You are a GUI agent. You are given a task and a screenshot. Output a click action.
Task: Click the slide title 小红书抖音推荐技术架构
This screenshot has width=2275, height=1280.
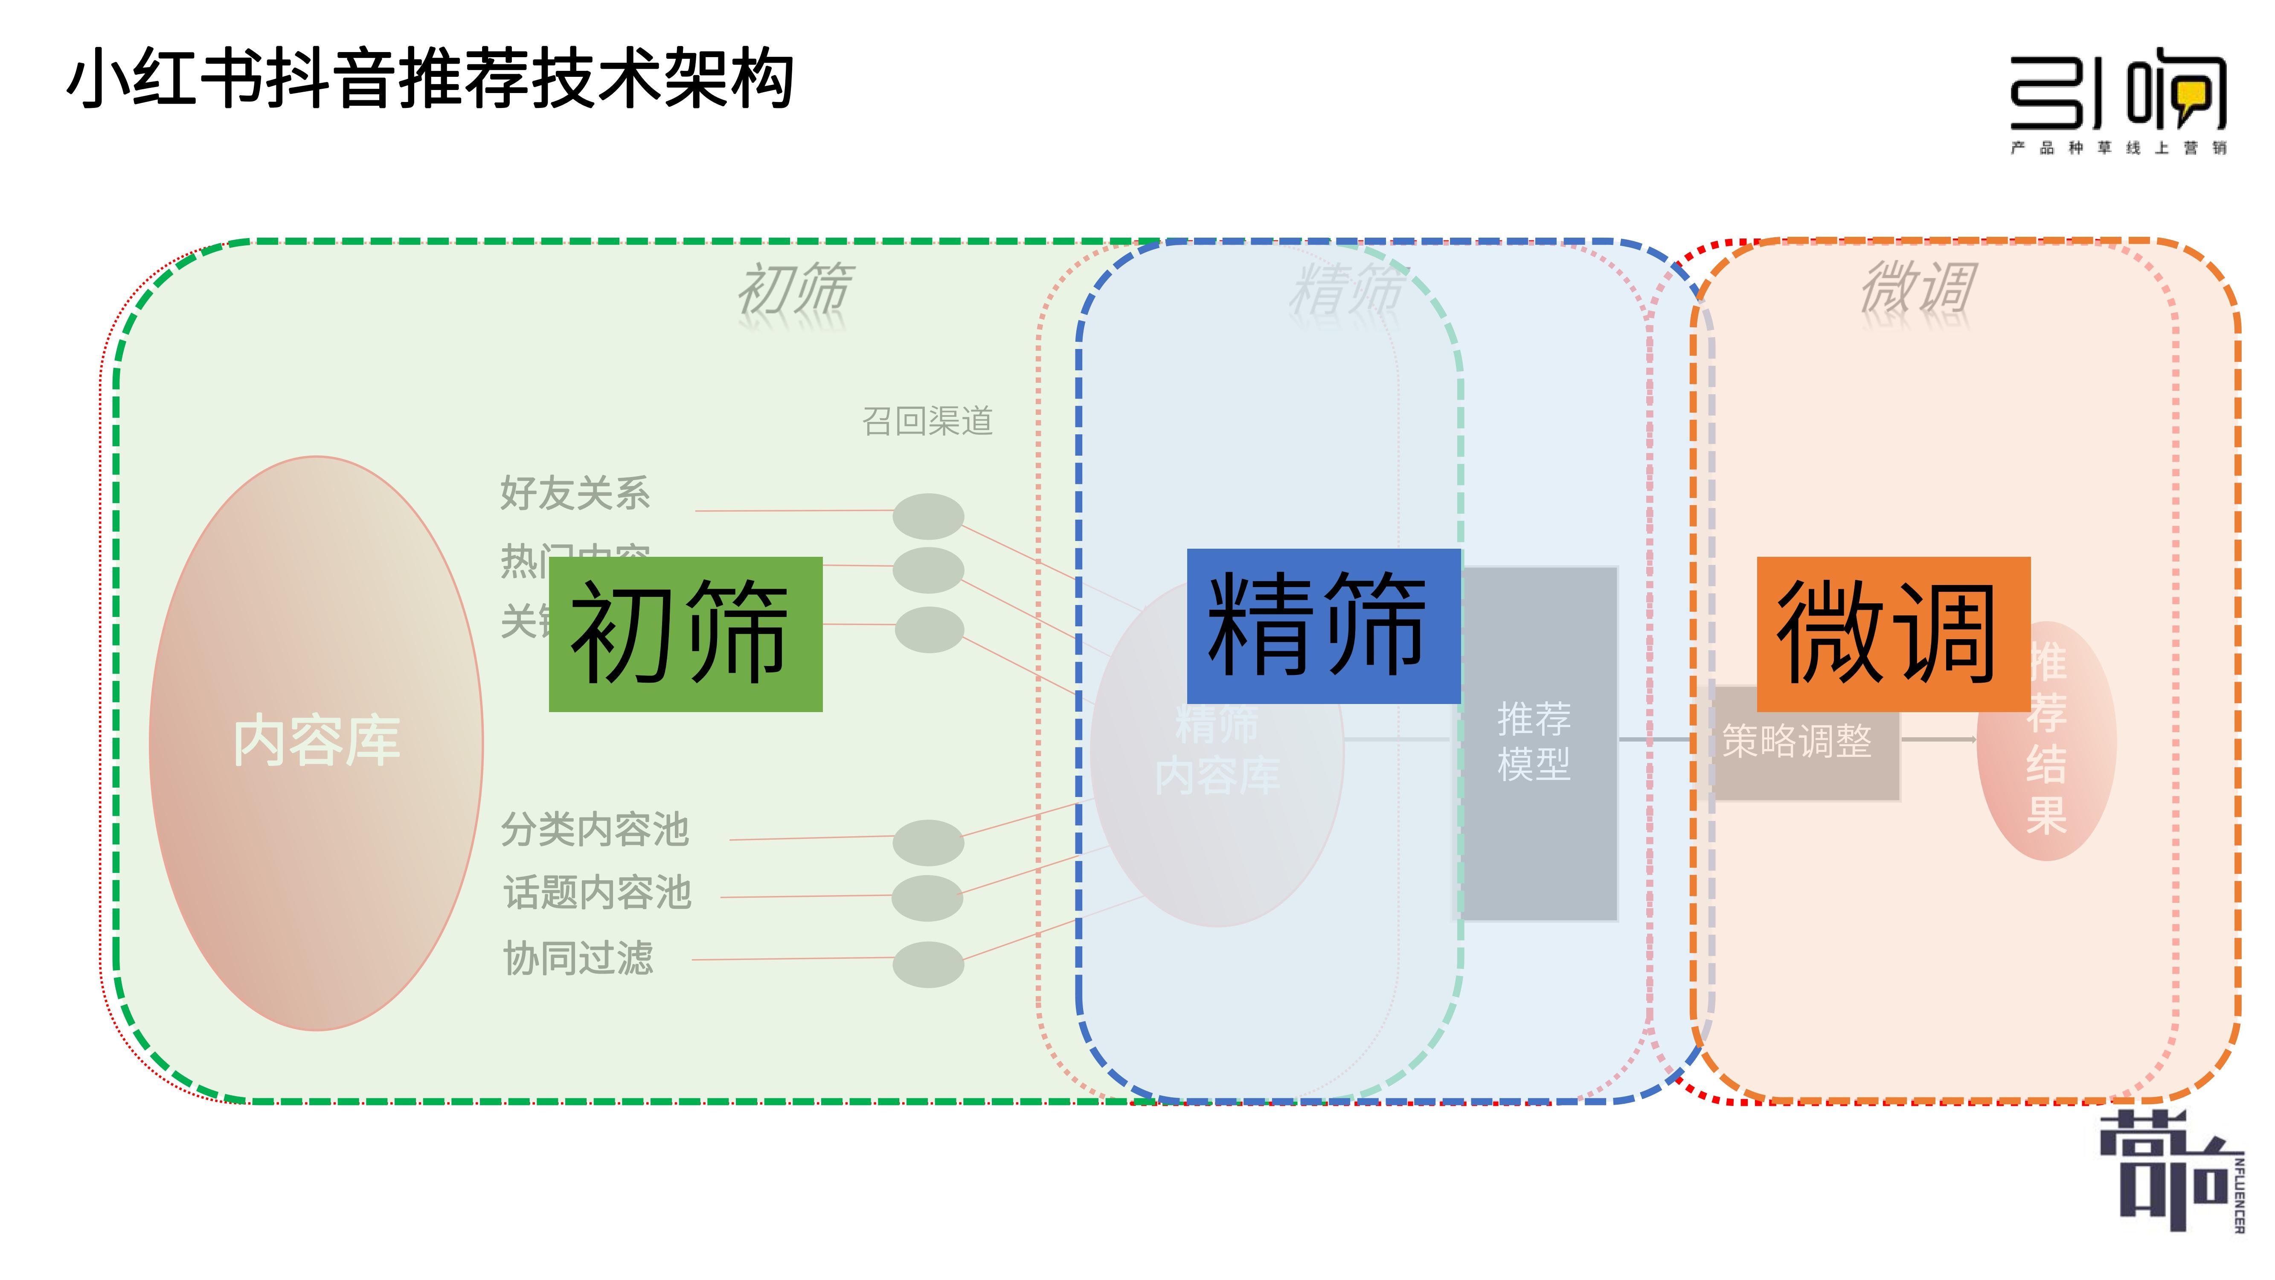430,79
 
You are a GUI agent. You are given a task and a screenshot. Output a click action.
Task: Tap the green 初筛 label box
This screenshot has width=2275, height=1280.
686,633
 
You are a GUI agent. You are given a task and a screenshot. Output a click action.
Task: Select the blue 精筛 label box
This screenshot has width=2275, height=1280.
1322,625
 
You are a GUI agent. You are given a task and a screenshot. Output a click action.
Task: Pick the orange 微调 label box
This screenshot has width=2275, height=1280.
1893,633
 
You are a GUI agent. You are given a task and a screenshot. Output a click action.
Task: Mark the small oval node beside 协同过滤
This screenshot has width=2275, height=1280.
927,964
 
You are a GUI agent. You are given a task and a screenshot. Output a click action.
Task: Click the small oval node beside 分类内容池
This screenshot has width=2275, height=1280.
927,842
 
